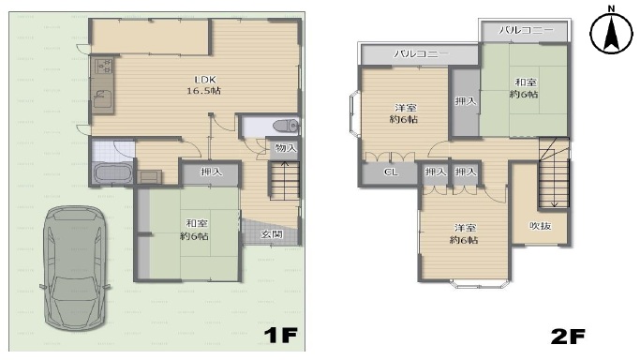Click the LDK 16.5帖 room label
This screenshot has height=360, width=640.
(204, 85)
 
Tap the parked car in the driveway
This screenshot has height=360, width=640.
(75, 268)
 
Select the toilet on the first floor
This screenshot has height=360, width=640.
(287, 126)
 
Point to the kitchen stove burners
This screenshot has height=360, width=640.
(104, 67)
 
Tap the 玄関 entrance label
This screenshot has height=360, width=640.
(272, 234)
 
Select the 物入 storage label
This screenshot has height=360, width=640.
(286, 148)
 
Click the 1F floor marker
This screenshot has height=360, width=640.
(280, 335)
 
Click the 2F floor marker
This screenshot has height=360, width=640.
(567, 337)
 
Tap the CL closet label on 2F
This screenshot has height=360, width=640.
(391, 172)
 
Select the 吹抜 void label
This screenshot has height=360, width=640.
(541, 226)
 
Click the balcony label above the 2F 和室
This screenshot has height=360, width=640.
(526, 30)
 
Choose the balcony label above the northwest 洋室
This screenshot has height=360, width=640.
(421, 53)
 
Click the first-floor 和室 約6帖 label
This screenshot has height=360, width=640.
(195, 230)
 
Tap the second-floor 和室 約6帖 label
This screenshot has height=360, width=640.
(525, 88)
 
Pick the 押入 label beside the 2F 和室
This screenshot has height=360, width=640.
(466, 100)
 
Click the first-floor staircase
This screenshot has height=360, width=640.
(284, 180)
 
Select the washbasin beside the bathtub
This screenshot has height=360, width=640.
(149, 177)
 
